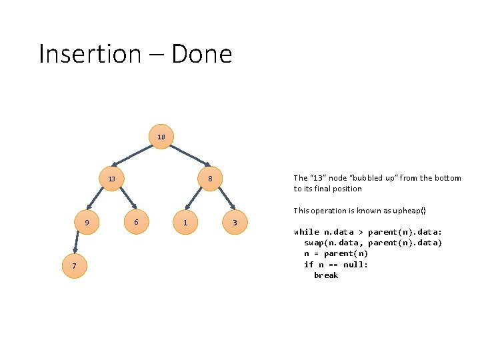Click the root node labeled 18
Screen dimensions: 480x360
[161, 137]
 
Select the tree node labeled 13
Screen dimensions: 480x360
[111, 179]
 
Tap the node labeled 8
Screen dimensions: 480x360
[210, 179]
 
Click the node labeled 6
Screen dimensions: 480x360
[136, 221]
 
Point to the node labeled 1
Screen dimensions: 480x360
[185, 222]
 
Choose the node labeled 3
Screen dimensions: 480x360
[235, 222]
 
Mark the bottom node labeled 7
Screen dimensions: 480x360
[75, 267]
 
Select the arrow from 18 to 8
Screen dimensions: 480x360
[186, 153]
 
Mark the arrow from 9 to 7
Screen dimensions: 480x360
[77, 244]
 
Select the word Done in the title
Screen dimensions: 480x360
[201, 53]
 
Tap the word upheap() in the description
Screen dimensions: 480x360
[406, 211]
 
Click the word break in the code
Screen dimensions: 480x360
[326, 275]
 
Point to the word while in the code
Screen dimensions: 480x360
[307, 232]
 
